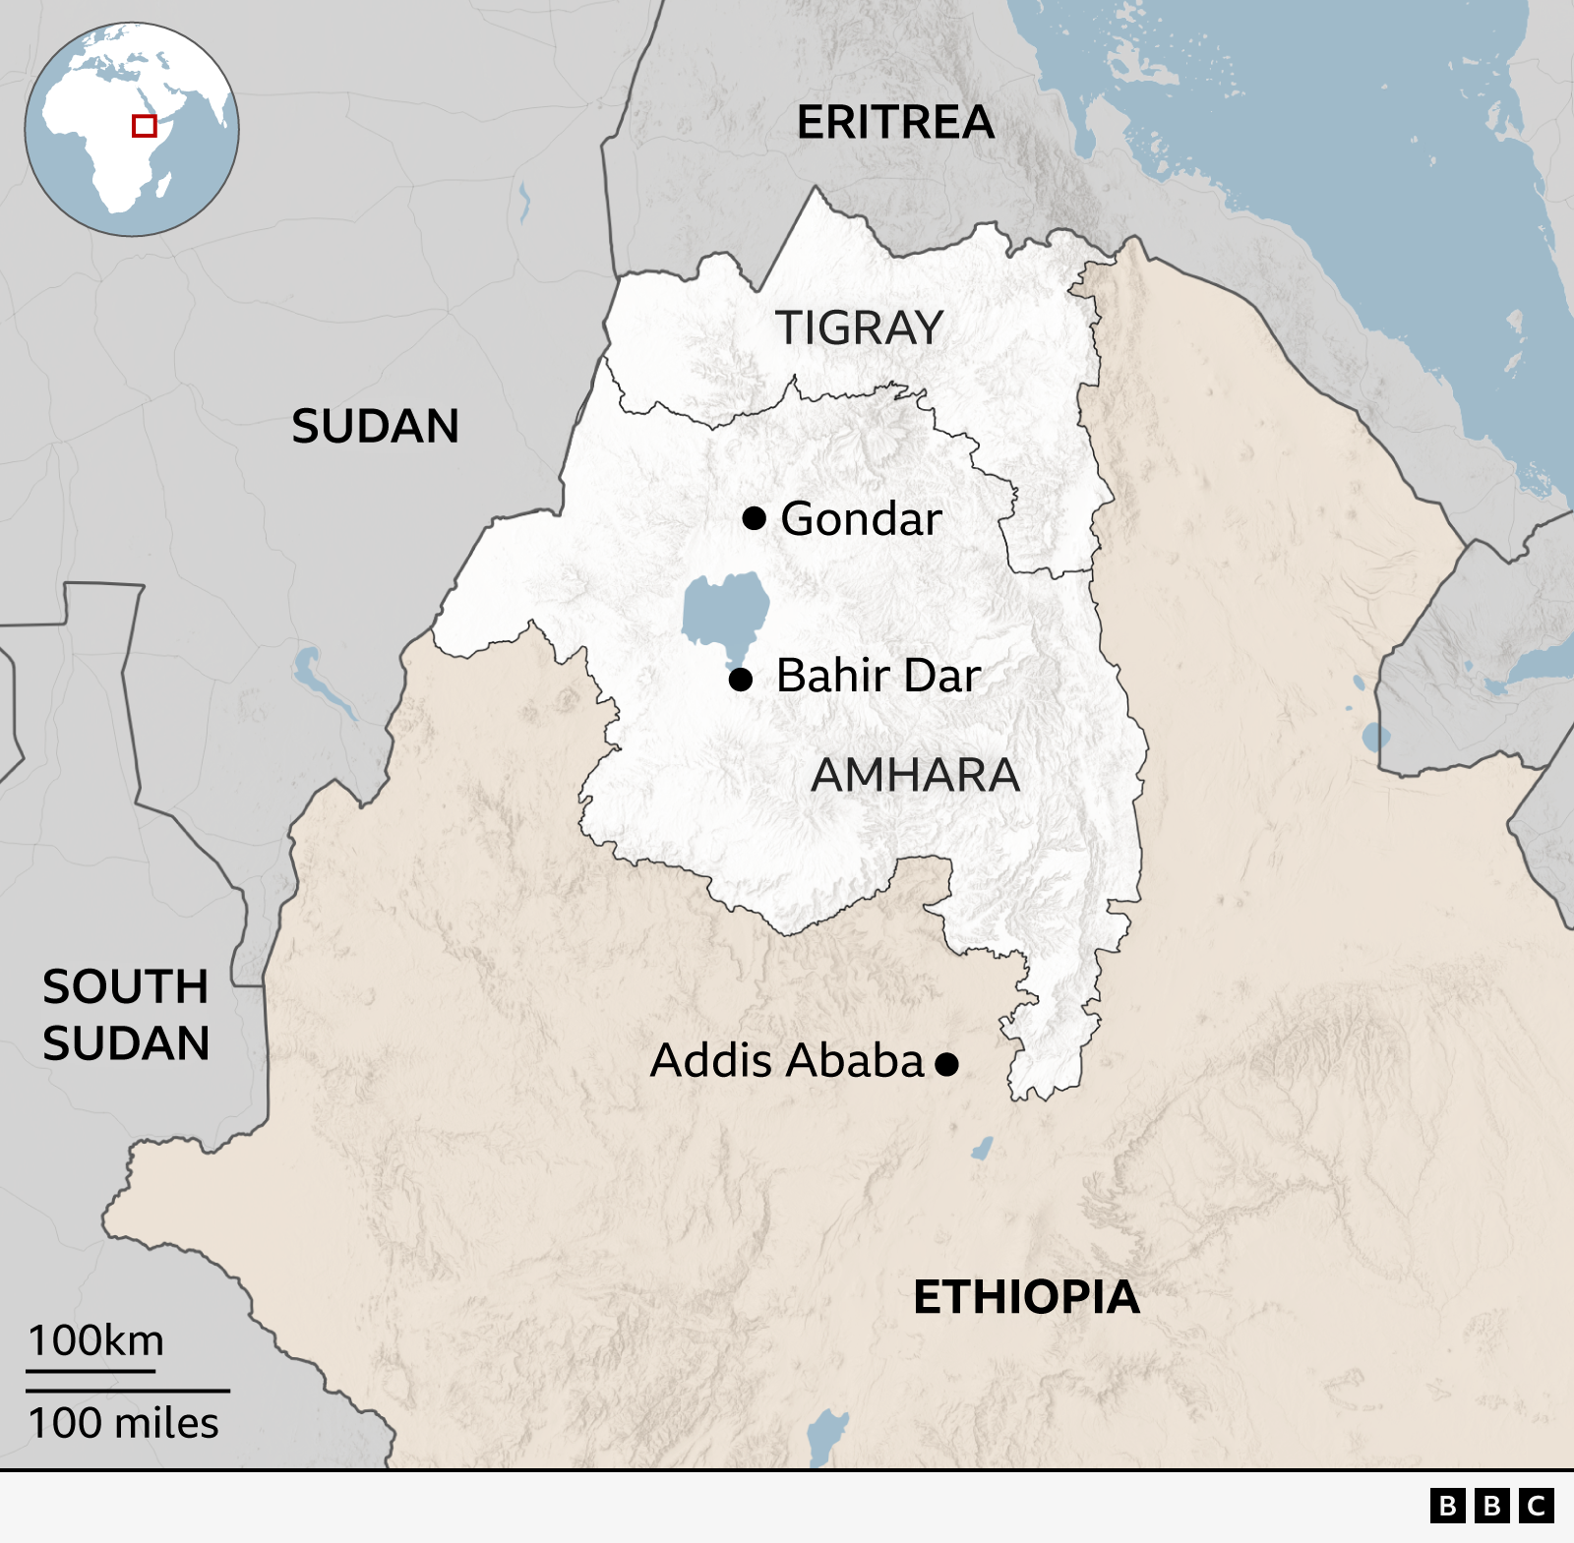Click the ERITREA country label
coord(895,123)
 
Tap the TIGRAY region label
coord(859,327)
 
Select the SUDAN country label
coord(375,426)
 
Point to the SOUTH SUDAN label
coord(126,1015)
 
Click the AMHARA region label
coord(915,775)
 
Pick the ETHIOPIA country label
coord(1026,1297)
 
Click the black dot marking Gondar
coord(755,517)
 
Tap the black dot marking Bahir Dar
coord(741,679)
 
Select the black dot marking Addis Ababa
coord(946,1063)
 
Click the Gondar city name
coord(861,518)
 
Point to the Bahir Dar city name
coord(878,676)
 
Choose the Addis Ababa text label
coord(787,1061)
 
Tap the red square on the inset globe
coord(145,126)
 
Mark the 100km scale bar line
coord(91,1370)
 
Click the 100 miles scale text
coord(123,1423)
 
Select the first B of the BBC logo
coord(1447,1506)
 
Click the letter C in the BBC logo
coord(1536,1506)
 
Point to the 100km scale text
coord(95,1340)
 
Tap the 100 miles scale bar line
coord(128,1391)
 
